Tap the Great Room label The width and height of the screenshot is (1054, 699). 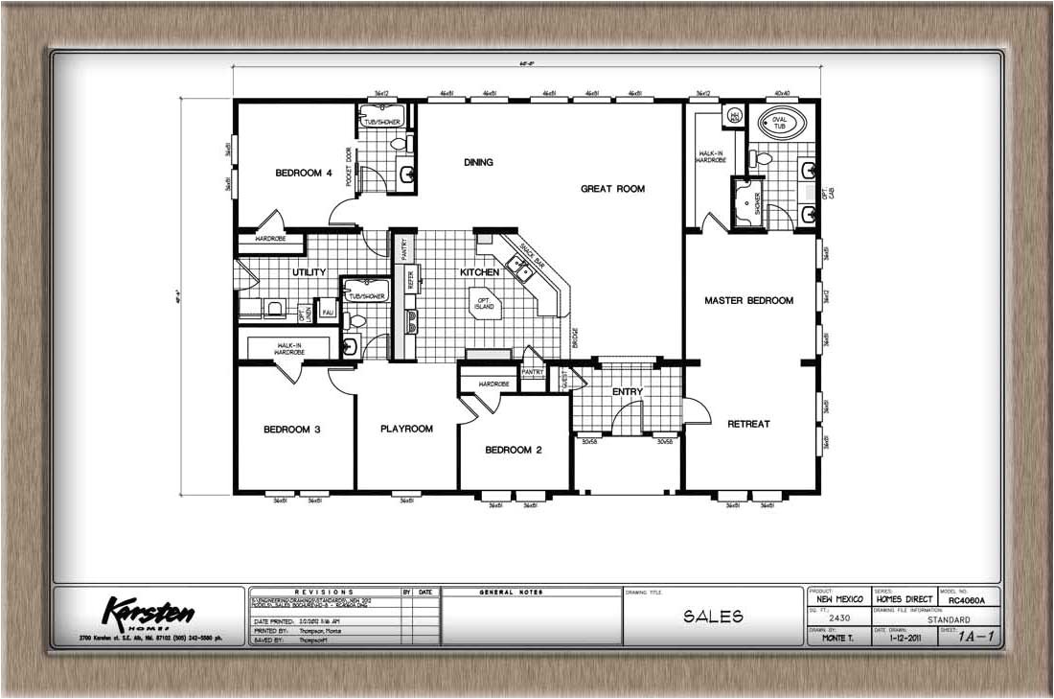pyautogui.click(x=612, y=189)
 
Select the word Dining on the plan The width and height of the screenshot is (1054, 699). pyautogui.click(x=478, y=162)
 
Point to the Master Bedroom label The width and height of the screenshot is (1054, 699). pyautogui.click(x=748, y=300)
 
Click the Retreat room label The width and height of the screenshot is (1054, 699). pyautogui.click(x=748, y=424)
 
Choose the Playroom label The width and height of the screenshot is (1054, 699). pyautogui.click(x=406, y=429)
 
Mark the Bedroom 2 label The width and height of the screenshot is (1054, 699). pyautogui.click(x=514, y=450)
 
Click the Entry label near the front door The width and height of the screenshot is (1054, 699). pyautogui.click(x=627, y=391)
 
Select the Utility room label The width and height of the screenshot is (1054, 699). pyautogui.click(x=309, y=272)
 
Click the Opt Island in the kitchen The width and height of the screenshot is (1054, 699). pyautogui.click(x=484, y=303)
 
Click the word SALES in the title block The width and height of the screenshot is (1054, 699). pyautogui.click(x=713, y=617)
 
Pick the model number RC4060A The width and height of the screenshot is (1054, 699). pyautogui.click(x=968, y=599)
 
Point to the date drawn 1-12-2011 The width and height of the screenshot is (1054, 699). pyautogui.click(x=903, y=636)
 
